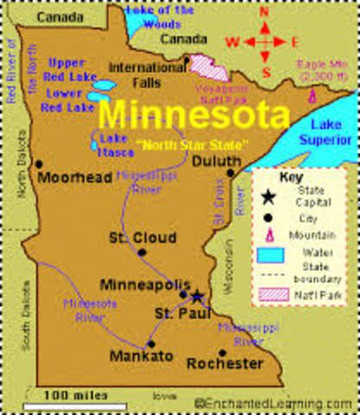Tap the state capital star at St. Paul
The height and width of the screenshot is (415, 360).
[x=196, y=297]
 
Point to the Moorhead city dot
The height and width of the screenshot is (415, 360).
[x=39, y=163]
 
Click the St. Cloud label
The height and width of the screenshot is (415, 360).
[x=143, y=238]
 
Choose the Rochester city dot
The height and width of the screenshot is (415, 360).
[x=222, y=352]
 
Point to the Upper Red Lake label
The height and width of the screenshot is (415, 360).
[x=67, y=70]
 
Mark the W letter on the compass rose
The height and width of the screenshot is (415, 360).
[x=232, y=41]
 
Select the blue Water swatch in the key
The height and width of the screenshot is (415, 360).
[x=268, y=255]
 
